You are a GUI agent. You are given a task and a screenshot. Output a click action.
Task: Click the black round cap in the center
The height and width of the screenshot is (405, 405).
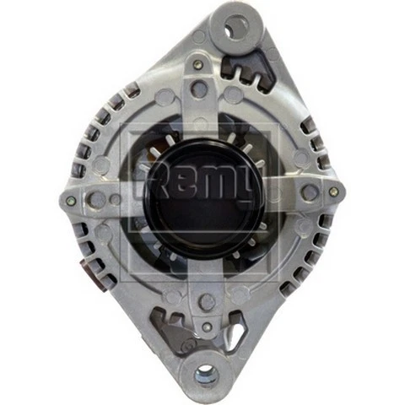pos(201,195)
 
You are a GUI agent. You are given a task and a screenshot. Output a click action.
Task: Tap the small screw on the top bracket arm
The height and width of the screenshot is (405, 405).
pos(198,64)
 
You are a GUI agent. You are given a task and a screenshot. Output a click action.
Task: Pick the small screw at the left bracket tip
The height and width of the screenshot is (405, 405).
pos(72,201)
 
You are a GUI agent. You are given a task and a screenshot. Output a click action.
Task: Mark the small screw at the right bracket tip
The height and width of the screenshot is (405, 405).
pos(334,192)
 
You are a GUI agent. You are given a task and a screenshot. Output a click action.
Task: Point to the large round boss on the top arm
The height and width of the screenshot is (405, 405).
pos(199,88)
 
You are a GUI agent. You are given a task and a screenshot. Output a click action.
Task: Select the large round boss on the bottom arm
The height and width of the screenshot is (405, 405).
pos(206,301)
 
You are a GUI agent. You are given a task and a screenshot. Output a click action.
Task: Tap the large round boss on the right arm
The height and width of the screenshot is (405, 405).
pos(310,192)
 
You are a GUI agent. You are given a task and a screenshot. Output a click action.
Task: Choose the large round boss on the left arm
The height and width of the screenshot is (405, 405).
pos(97,199)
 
